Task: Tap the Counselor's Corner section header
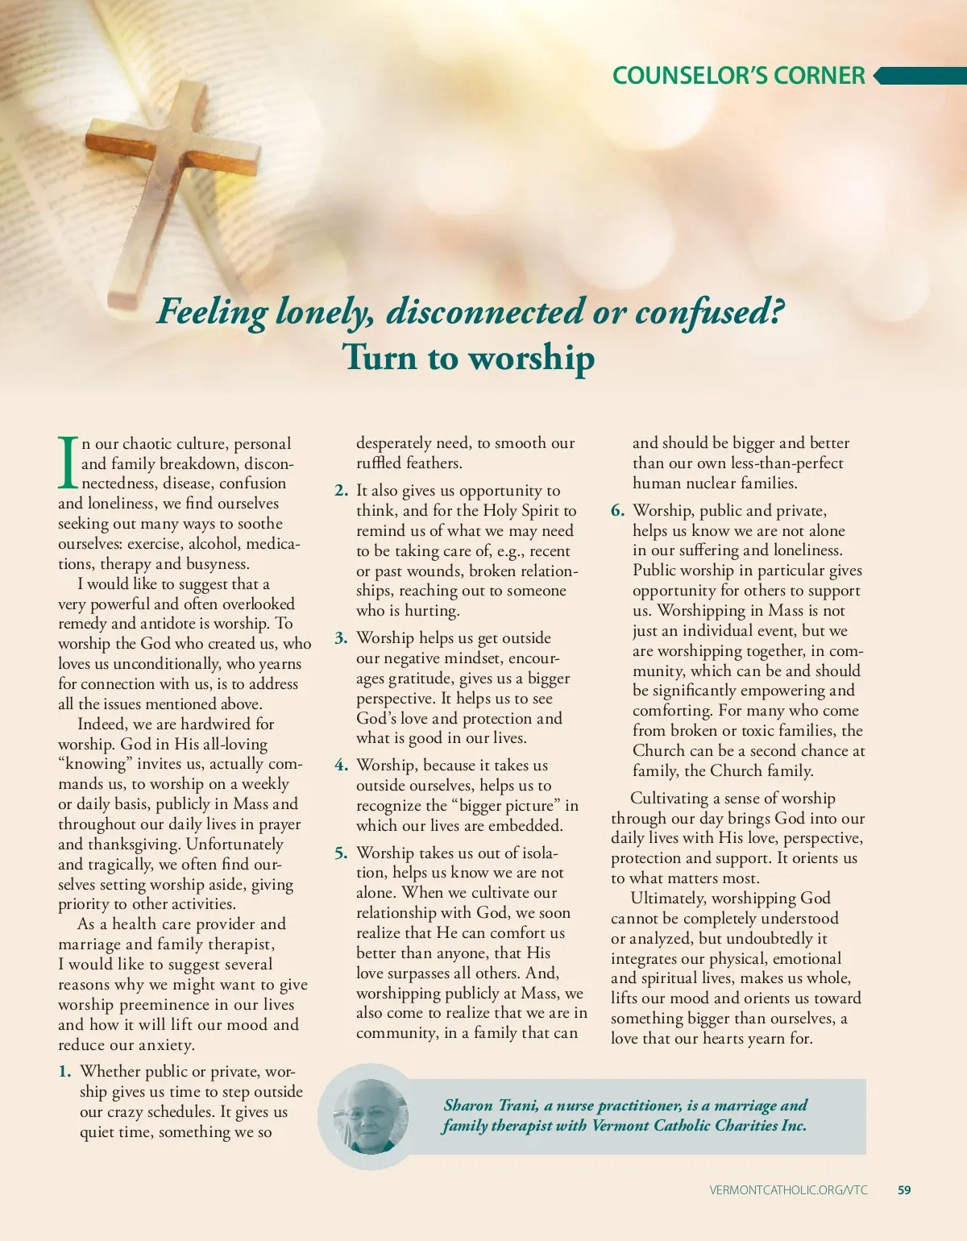click(738, 76)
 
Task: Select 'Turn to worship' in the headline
click(468, 357)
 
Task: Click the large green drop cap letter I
click(68, 463)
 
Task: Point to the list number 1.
click(64, 1072)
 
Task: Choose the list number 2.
click(342, 491)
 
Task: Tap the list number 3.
click(342, 638)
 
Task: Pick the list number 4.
click(342, 766)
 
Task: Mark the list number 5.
click(342, 853)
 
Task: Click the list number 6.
click(618, 511)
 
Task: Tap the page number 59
click(904, 1190)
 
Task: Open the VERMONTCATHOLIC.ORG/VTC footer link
click(789, 1190)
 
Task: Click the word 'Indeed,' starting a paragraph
click(102, 724)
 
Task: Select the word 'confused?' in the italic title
click(710, 313)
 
